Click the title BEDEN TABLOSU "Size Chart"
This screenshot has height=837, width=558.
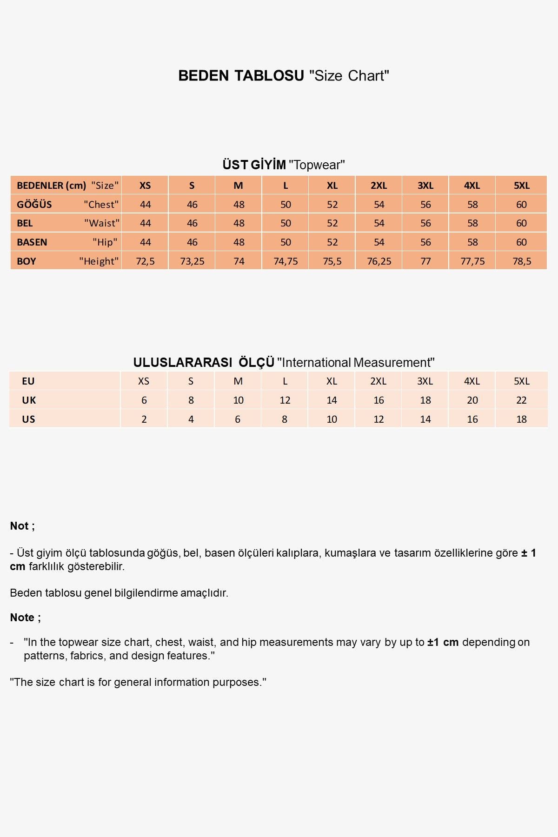point(284,75)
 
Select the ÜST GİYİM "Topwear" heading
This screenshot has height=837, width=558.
point(284,165)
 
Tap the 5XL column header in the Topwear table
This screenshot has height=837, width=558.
point(521,186)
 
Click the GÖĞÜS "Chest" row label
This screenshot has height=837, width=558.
point(67,205)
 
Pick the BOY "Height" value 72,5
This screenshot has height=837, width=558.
point(145,261)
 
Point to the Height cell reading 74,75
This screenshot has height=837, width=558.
point(286,261)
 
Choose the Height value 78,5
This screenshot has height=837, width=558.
point(521,261)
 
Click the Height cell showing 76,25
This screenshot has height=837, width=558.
point(379,261)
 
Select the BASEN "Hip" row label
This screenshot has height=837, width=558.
point(67,242)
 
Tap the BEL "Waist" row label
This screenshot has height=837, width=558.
point(67,223)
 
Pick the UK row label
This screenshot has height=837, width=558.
point(29,400)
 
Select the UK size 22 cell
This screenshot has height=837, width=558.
point(521,400)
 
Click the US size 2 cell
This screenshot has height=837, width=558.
point(144,419)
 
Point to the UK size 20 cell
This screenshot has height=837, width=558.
point(472,400)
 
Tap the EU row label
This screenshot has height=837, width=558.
point(28,381)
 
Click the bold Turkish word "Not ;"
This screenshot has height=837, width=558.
point(22,526)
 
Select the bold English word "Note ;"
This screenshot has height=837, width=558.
point(26,618)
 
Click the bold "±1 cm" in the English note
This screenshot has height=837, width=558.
point(443,642)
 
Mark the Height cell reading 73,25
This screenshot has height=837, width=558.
point(192,261)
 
